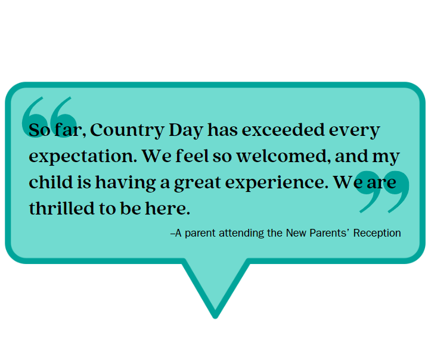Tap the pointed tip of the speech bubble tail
pos(215,314)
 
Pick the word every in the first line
pos(355,131)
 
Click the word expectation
pos(83,157)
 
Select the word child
pos(46,182)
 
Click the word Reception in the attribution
pos(377,233)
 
